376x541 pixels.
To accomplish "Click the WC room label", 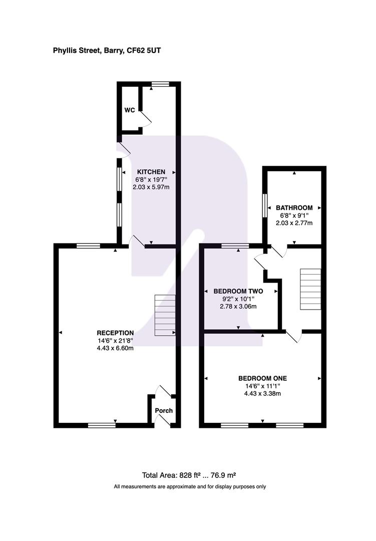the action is click(x=130, y=110).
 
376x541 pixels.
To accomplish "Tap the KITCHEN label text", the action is click(x=151, y=172).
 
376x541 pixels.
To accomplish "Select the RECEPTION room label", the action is click(x=115, y=333).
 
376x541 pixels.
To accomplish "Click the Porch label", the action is click(x=164, y=411).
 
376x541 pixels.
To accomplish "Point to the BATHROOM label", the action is click(x=294, y=208).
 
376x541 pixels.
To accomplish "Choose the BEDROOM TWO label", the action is click(x=238, y=291).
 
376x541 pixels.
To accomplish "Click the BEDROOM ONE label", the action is click(x=262, y=379).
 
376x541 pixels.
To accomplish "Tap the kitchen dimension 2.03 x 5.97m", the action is click(x=151, y=187).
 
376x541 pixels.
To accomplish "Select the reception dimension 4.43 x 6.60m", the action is click(x=115, y=348).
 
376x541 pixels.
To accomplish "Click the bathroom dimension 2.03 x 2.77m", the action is click(x=294, y=223).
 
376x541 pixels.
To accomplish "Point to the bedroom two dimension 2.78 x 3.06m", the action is click(x=238, y=307).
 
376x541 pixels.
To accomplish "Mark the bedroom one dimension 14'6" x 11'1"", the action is click(x=262, y=386).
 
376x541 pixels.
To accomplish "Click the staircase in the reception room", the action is click(x=165, y=315).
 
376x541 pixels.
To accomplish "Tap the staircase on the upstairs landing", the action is click(x=310, y=289).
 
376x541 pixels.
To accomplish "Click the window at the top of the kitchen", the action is click(x=160, y=84).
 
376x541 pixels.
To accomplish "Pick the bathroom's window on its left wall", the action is click(x=265, y=206).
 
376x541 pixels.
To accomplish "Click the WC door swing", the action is click(x=146, y=119).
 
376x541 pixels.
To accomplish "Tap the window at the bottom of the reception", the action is click(x=102, y=425).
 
